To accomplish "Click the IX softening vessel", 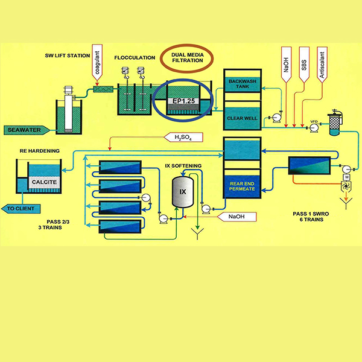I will point(182,191).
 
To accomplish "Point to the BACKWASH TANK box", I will point(243,85).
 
